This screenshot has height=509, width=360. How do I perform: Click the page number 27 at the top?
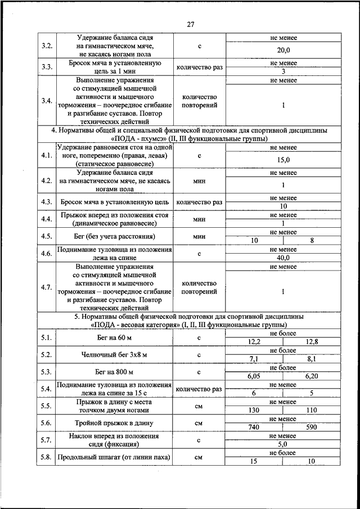click(191, 25)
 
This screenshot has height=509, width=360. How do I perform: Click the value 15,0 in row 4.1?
click(283, 160)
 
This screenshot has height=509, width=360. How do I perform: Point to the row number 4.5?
click(47, 236)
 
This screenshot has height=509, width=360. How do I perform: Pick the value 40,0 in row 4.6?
click(283, 258)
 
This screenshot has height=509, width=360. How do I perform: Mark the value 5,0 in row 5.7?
click(283, 444)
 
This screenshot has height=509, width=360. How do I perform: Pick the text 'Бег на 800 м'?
click(115, 372)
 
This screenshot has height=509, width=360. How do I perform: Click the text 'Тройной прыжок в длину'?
click(115, 423)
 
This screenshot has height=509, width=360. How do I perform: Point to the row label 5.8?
click(47, 457)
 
